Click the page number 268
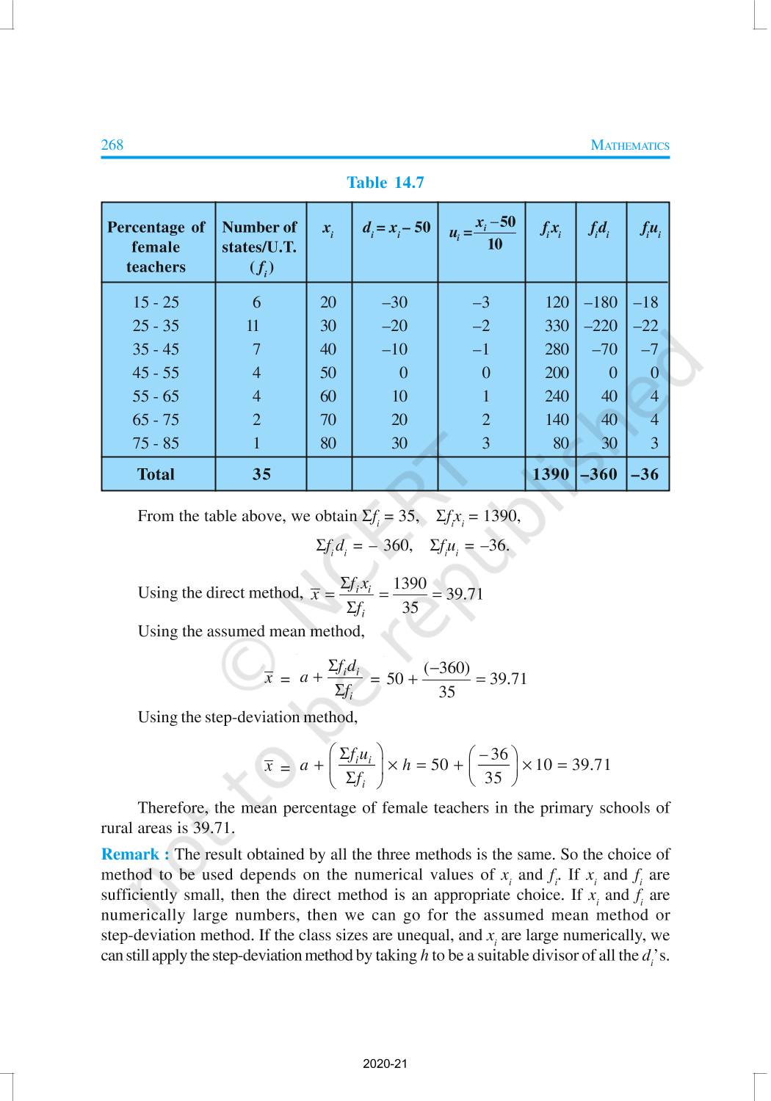(x=112, y=145)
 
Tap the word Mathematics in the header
(x=630, y=145)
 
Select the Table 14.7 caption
(x=385, y=183)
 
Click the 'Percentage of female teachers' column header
(x=156, y=247)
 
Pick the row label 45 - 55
(x=156, y=373)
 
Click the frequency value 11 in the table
(x=253, y=326)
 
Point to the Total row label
(x=156, y=474)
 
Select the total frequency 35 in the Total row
(x=261, y=474)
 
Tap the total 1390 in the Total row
(x=551, y=474)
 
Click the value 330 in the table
(x=557, y=326)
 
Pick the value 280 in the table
(x=557, y=349)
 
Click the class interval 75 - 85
(x=156, y=443)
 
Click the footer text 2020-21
(x=385, y=1064)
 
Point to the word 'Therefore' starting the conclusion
(x=173, y=808)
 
